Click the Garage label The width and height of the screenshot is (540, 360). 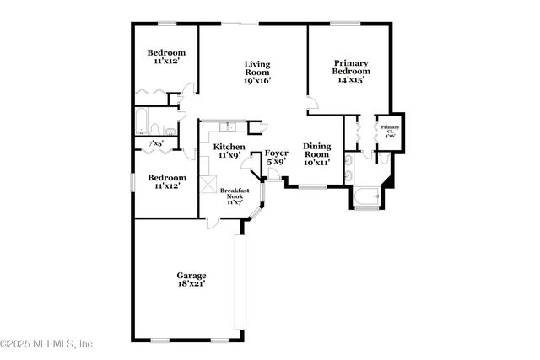(x=191, y=276)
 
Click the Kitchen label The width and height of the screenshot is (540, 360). (x=229, y=147)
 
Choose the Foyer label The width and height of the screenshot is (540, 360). (x=277, y=153)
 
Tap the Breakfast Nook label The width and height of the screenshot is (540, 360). (x=235, y=191)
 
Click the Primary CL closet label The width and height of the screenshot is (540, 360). (x=391, y=127)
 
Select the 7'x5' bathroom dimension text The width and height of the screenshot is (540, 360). (x=156, y=144)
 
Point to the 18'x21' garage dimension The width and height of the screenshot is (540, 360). (x=191, y=285)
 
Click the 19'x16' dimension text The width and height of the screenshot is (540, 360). (x=256, y=82)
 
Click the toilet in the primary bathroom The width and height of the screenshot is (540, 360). (x=383, y=158)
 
